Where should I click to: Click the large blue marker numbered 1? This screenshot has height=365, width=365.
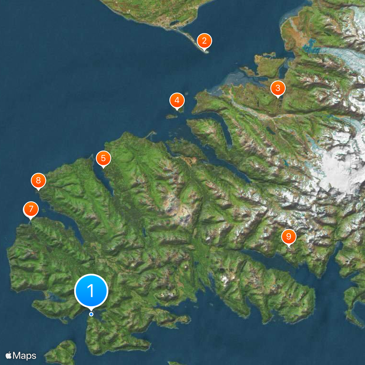pyautogui.click(x=91, y=290)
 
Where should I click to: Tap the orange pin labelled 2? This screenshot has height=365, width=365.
pyautogui.click(x=204, y=41)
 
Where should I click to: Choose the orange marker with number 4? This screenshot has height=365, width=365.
pyautogui.click(x=177, y=100)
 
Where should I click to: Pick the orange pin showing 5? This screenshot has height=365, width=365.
pyautogui.click(x=103, y=159)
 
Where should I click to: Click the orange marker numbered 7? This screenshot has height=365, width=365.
pyautogui.click(x=31, y=210)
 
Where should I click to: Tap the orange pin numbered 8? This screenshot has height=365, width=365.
pyautogui.click(x=38, y=180)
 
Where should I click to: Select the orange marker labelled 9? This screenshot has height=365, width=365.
pyautogui.click(x=288, y=237)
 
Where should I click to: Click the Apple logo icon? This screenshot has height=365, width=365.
pyautogui.click(x=9, y=355)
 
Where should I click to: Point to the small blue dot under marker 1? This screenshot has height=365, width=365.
pyautogui.click(x=91, y=314)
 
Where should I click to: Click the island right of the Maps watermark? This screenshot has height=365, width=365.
pyautogui.click(x=62, y=351)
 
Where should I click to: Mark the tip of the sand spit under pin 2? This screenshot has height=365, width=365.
pyautogui.click(x=206, y=52)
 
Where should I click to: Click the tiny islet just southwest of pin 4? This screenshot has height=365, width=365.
pyautogui.click(x=171, y=116)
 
